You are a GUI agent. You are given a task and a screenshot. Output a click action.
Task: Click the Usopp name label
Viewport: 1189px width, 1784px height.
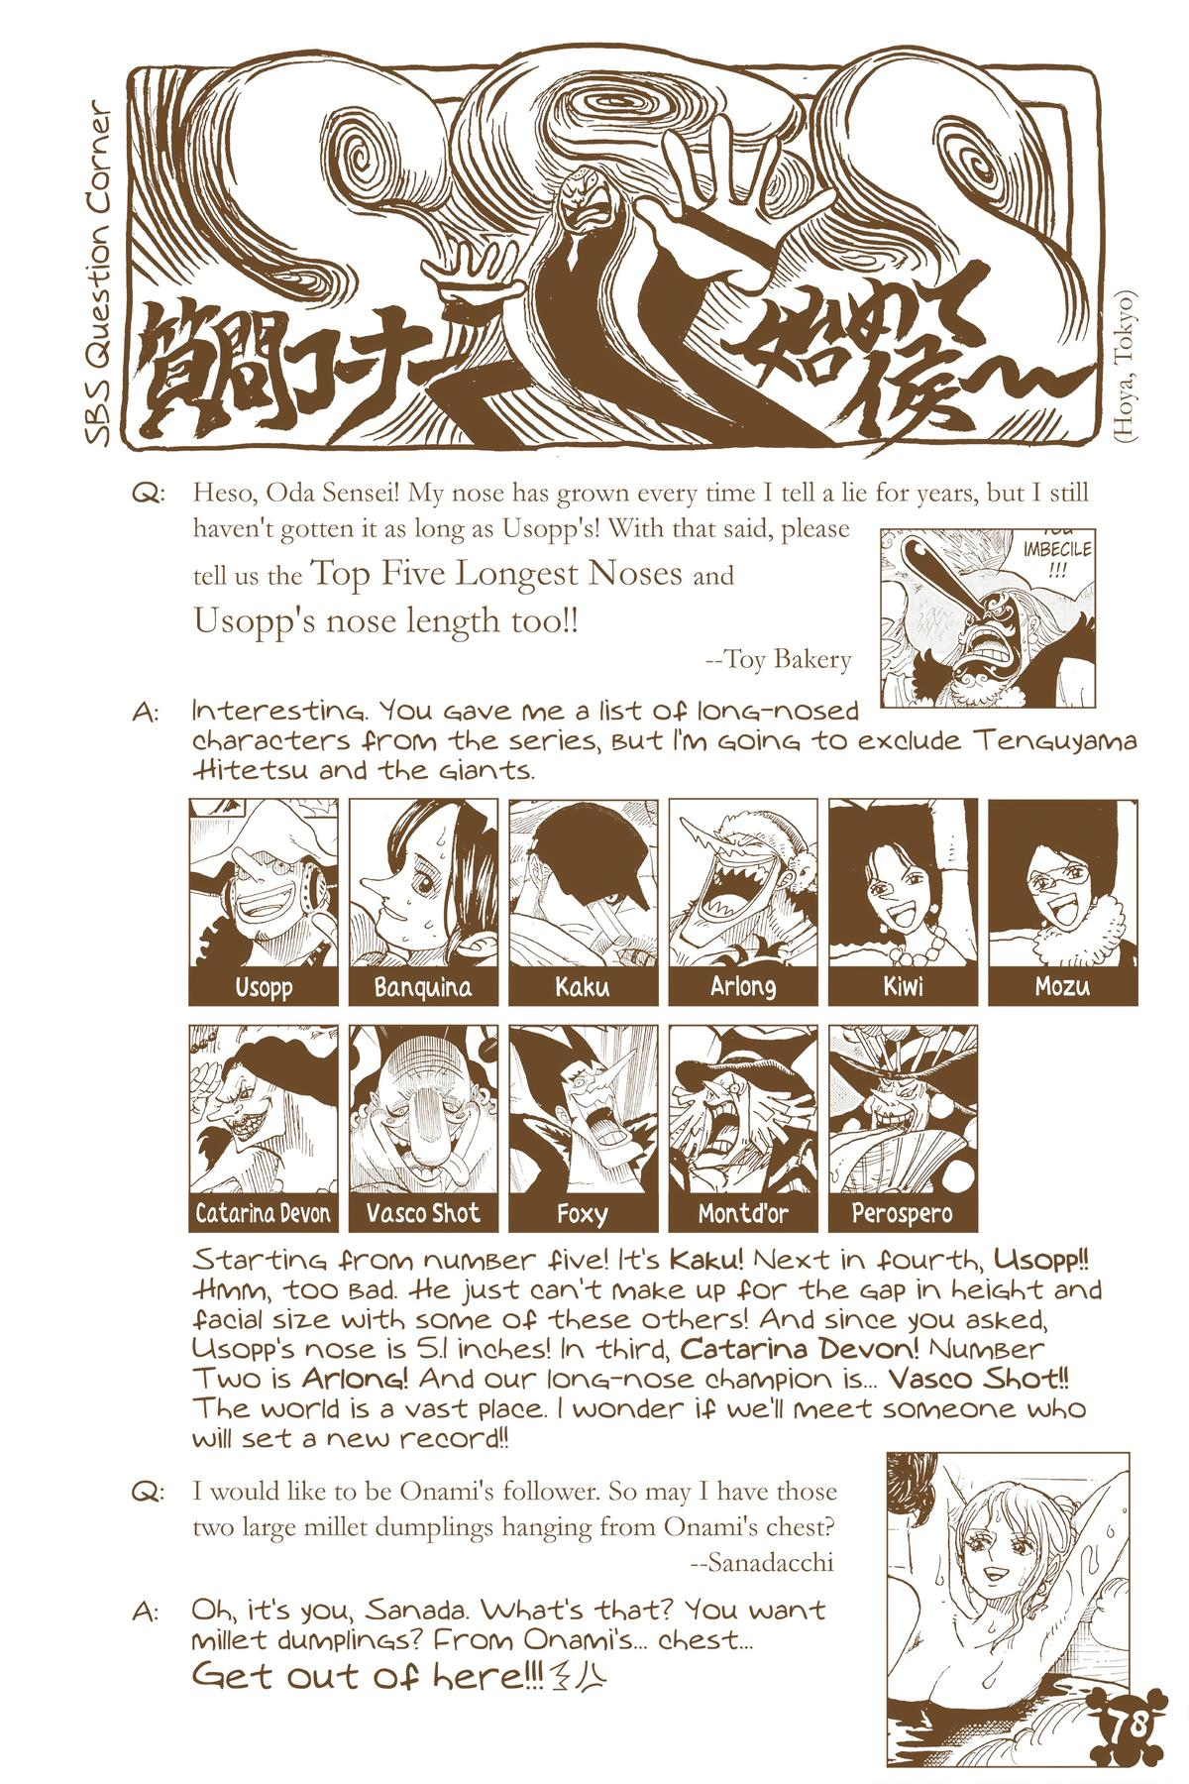[264, 987]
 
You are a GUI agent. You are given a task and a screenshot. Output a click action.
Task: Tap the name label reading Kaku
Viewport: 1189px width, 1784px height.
[583, 987]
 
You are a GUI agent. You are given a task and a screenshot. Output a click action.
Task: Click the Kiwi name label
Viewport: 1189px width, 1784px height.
[903, 987]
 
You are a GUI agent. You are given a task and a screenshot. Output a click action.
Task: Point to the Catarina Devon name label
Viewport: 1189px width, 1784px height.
[264, 1213]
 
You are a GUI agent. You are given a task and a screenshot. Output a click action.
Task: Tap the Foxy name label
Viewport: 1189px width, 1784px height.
[583, 1213]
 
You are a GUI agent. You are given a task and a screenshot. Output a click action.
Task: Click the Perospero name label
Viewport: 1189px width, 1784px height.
[903, 1213]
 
